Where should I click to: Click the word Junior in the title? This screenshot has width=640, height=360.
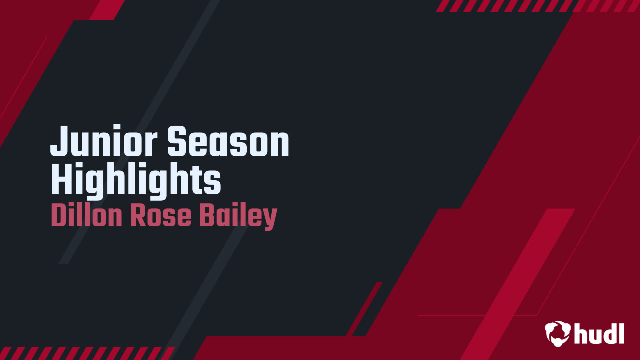click(x=105, y=142)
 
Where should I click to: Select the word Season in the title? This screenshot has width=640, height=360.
click(x=228, y=142)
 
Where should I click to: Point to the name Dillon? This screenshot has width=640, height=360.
click(x=87, y=216)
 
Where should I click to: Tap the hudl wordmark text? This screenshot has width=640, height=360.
click(x=600, y=333)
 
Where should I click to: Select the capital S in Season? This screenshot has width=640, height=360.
click(x=176, y=142)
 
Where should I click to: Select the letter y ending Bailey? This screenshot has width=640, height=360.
click(x=270, y=219)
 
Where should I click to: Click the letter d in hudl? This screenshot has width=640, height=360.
click(x=607, y=333)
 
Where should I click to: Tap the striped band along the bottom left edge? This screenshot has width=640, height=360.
click(x=85, y=353)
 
